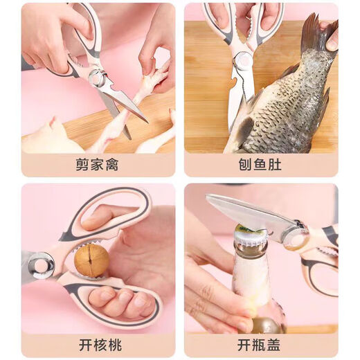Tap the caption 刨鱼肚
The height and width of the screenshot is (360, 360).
261,165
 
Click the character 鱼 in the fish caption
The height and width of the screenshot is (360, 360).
261,165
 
